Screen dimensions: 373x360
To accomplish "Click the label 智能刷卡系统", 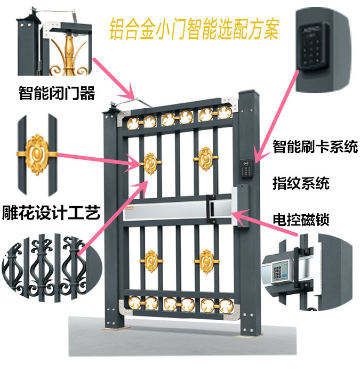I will [x=315, y=147].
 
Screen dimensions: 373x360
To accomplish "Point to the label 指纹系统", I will [x=301, y=184].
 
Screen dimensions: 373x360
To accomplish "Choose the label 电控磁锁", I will [x=301, y=220].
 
